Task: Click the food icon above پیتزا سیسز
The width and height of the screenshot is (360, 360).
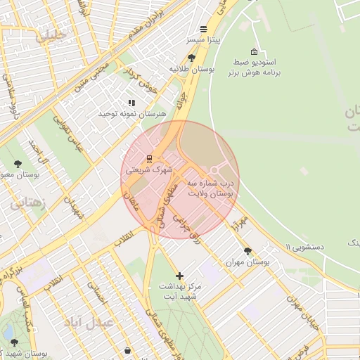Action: (203, 29)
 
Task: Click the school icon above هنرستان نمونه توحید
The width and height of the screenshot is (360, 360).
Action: (131, 103)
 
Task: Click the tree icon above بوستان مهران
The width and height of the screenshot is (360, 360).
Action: (247, 250)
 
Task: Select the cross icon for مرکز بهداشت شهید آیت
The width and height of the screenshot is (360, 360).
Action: (180, 276)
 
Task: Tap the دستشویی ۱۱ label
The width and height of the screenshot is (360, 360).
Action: (304, 246)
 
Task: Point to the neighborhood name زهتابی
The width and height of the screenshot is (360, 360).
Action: (28, 205)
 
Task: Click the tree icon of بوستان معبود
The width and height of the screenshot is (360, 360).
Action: (18, 164)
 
